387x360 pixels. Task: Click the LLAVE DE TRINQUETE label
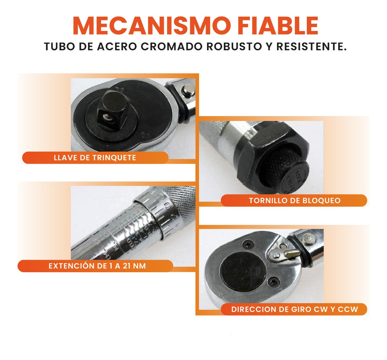[95, 158]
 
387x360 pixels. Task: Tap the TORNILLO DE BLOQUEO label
[294, 200]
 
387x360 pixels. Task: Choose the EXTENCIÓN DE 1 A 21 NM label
[97, 266]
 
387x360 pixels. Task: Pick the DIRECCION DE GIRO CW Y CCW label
[294, 309]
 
